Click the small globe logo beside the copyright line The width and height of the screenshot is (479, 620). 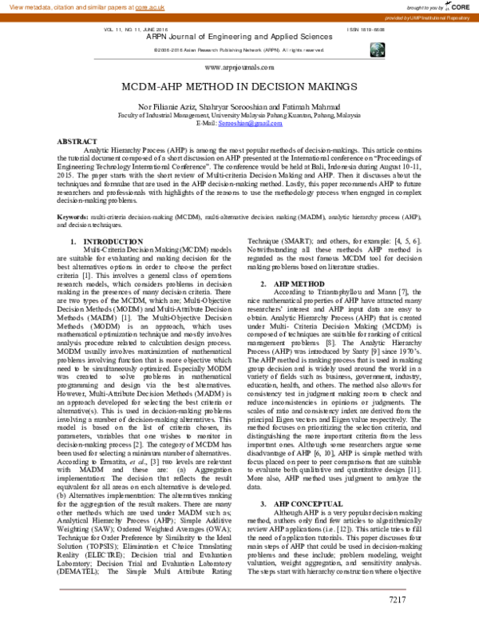376,50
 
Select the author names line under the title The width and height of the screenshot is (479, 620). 239,105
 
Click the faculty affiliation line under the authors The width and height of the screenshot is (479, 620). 239,114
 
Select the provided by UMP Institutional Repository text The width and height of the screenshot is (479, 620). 428,16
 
